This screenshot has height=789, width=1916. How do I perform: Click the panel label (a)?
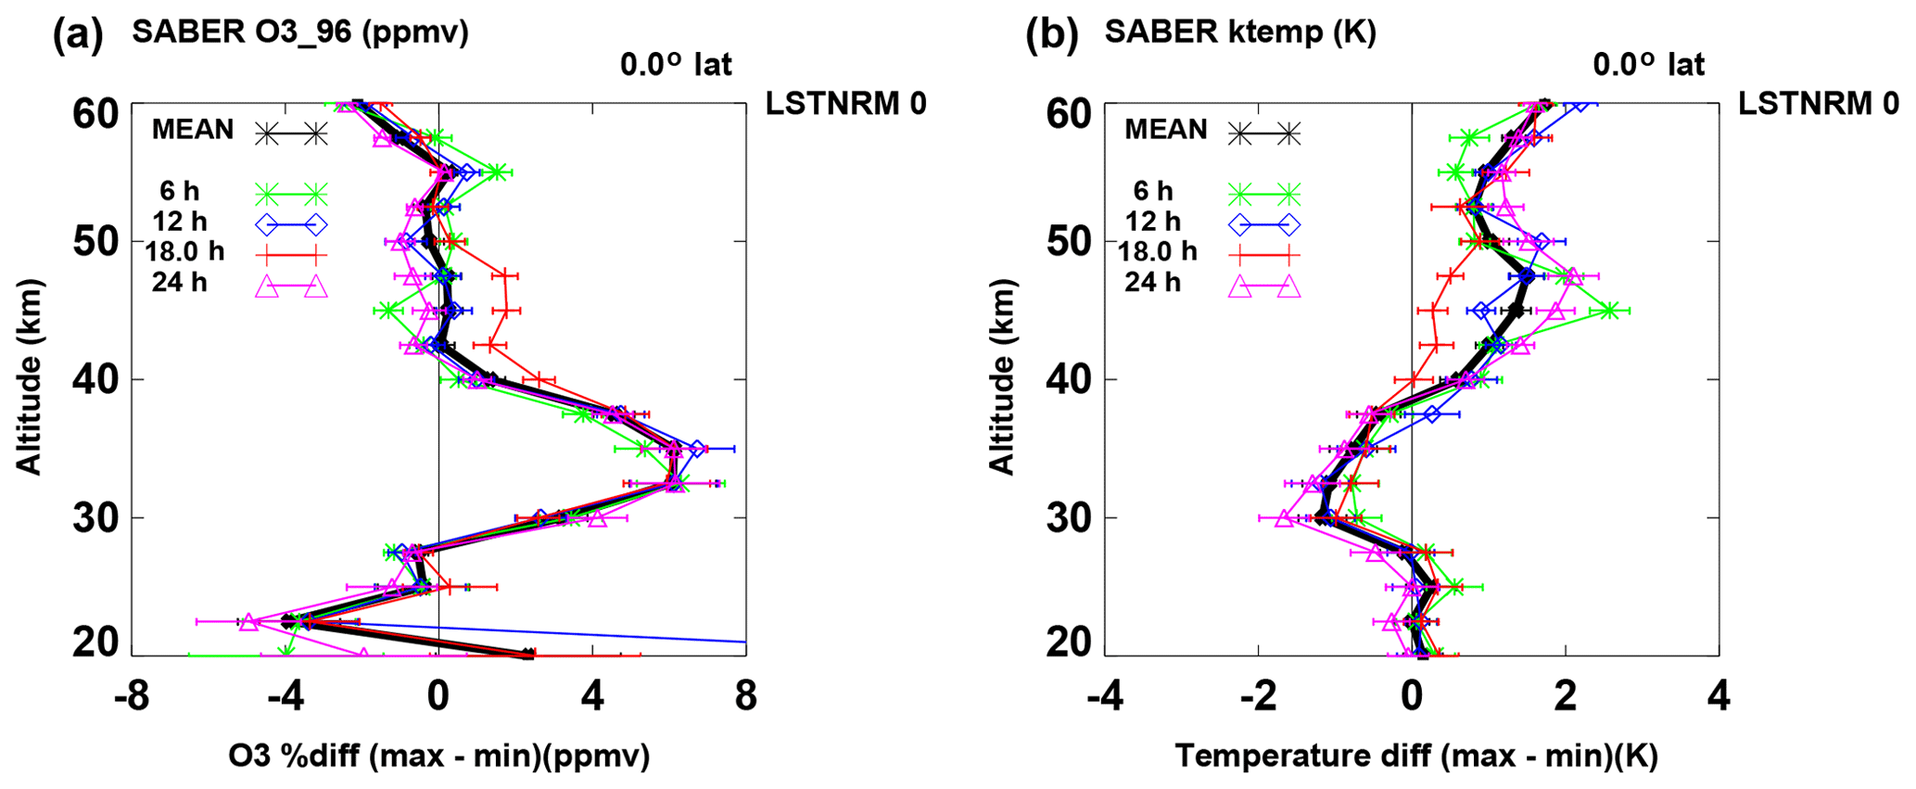[78, 35]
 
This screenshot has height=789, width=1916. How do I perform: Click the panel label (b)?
[1051, 35]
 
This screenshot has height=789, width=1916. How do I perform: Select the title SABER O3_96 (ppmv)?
[300, 32]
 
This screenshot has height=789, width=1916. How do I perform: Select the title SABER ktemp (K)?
[1240, 32]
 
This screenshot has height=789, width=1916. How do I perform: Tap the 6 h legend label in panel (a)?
[179, 191]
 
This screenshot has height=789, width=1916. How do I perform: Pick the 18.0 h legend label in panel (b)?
[1157, 251]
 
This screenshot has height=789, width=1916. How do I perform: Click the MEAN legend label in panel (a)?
[193, 130]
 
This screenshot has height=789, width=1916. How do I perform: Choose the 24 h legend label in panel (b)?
[1152, 282]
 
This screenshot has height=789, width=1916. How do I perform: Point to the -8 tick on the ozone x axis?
[132, 697]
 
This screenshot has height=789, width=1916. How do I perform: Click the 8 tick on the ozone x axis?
[745, 697]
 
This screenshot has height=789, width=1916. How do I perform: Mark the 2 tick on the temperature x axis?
[1566, 697]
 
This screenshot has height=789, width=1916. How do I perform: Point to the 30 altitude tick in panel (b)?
[1069, 518]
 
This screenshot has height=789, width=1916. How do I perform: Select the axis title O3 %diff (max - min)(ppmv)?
[438, 757]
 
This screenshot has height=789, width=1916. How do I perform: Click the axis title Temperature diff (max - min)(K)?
[1416, 757]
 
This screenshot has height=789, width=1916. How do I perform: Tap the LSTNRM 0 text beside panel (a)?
[845, 104]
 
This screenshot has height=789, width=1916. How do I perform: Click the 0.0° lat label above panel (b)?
[1648, 65]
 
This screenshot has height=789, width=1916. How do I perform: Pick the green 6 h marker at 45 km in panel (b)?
[1610, 312]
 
